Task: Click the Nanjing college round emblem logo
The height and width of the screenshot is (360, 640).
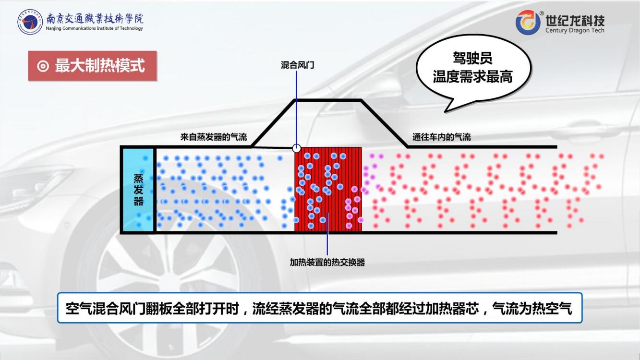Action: click(x=30, y=22)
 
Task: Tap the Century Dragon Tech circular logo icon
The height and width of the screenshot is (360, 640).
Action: click(x=528, y=23)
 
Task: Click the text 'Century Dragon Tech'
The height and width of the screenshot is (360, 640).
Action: click(x=575, y=30)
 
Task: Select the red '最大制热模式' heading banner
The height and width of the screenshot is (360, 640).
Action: click(x=92, y=66)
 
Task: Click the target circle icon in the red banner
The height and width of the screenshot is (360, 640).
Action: click(x=43, y=66)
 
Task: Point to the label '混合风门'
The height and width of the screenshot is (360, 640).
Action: click(x=297, y=65)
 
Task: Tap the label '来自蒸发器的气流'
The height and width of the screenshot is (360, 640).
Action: click(x=214, y=137)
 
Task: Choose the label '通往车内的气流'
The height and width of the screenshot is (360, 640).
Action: click(x=441, y=137)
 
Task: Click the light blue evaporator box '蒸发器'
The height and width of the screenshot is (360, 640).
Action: click(x=139, y=190)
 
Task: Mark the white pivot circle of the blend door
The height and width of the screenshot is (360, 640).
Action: click(x=297, y=148)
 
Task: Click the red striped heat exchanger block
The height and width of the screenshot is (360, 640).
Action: click(x=328, y=190)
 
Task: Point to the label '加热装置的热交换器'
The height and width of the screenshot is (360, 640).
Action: click(x=327, y=262)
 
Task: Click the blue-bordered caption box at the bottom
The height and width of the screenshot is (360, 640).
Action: click(x=320, y=308)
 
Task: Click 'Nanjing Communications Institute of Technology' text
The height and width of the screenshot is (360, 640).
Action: click(x=94, y=28)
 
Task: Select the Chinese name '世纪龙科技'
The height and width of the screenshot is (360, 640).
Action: click(x=575, y=20)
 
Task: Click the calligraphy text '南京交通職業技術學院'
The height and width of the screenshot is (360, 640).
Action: click(x=95, y=19)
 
